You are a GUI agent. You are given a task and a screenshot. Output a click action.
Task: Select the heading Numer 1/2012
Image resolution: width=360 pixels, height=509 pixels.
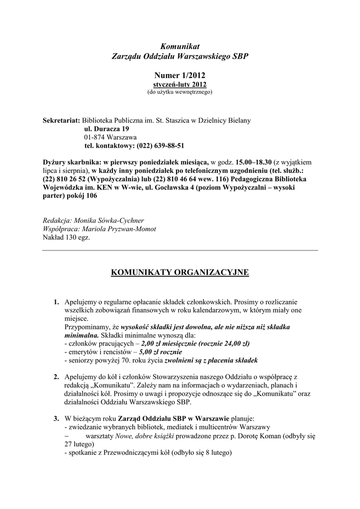pyautogui.click(x=180, y=75)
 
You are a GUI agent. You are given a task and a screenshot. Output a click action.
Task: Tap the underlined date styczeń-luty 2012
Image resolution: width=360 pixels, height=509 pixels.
pyautogui.click(x=180, y=85)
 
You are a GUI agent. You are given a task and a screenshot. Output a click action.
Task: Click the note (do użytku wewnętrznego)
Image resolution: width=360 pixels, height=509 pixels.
pyautogui.click(x=180, y=92)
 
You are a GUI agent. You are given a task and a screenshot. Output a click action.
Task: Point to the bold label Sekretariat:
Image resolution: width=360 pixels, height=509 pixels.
pyautogui.click(x=62, y=121)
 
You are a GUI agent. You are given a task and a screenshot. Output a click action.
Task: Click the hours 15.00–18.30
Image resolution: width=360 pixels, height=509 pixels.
pyautogui.click(x=254, y=162)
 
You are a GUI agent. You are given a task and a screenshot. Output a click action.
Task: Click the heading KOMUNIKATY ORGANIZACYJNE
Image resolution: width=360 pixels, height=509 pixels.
pyautogui.click(x=180, y=272)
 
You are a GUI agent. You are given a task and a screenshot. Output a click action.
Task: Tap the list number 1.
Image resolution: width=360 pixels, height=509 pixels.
pyautogui.click(x=56, y=302)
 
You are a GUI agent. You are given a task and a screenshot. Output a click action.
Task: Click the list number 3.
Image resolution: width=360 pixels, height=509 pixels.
pyautogui.click(x=56, y=419)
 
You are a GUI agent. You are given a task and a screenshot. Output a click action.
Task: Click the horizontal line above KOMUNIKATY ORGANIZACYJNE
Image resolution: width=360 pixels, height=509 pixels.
pyautogui.click(x=180, y=251)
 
